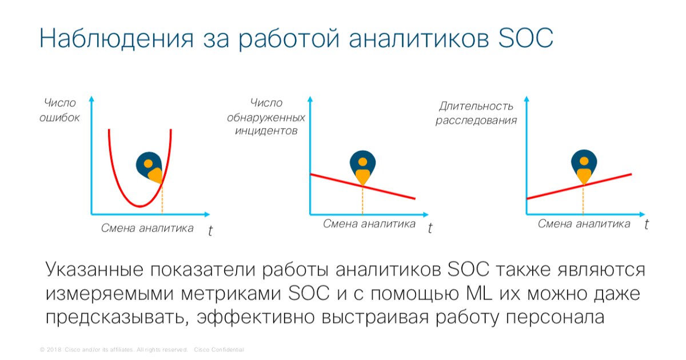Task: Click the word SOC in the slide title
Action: point(525,38)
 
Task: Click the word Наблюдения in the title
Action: point(117,39)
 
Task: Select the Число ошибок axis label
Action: point(59,110)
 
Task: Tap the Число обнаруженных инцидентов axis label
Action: point(266,117)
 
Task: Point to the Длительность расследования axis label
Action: point(476,113)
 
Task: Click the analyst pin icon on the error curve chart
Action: point(149,167)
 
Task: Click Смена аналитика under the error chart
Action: point(147,228)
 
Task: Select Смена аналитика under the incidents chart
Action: point(369,224)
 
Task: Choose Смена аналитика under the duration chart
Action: point(584,224)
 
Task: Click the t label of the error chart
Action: point(210,231)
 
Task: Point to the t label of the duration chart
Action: point(646,225)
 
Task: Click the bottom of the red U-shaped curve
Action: point(139,207)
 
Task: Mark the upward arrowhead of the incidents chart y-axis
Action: point(310,99)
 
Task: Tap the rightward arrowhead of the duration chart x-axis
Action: point(643,214)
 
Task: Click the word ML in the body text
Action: point(479,294)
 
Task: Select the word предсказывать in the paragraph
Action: point(115,318)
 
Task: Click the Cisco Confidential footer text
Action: point(219,350)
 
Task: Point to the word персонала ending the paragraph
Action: point(555,318)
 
